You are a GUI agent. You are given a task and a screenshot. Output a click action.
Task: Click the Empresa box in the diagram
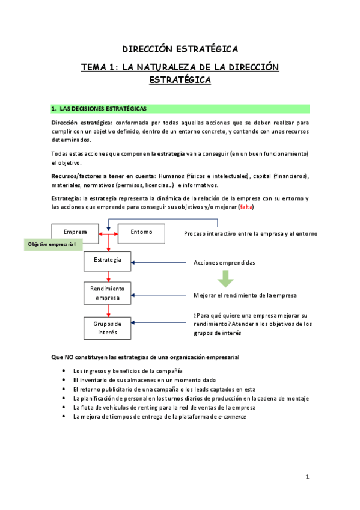75,232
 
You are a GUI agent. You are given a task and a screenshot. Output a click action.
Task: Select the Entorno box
140,232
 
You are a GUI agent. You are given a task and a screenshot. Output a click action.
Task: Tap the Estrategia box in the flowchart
108,260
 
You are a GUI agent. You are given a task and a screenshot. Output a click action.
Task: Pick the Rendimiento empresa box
108,293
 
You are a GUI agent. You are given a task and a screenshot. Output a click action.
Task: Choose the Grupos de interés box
108,328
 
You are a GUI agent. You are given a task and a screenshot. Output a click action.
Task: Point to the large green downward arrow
225,278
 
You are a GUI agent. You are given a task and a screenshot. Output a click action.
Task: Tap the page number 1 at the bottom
307,477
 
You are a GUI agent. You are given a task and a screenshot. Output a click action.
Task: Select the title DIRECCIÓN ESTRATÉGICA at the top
180,48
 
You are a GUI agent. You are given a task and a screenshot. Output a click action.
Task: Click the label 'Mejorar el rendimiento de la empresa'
245,296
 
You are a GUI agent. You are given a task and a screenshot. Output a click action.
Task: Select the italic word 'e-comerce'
232,416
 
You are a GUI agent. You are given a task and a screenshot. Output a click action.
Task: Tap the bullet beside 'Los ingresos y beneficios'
64,371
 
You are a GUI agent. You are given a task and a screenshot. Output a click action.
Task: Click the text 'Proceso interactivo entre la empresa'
250,233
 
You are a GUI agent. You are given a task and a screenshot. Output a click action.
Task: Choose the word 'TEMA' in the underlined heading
96,67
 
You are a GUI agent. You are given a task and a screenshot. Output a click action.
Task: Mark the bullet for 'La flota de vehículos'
64,407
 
